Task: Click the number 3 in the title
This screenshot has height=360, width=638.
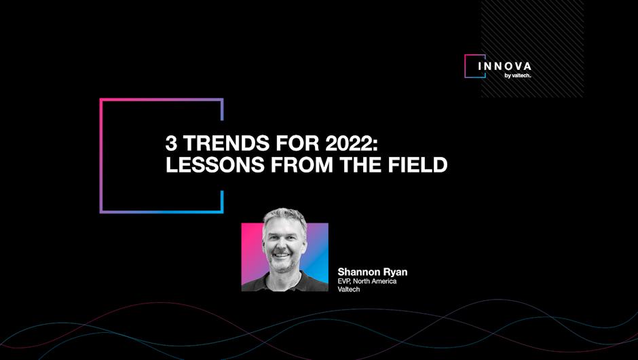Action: point(171,143)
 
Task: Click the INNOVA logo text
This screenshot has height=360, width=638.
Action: point(504,66)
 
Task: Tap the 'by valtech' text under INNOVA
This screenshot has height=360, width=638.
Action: point(518,75)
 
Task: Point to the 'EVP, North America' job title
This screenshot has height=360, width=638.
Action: point(367,281)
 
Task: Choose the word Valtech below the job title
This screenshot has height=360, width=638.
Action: point(349,289)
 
